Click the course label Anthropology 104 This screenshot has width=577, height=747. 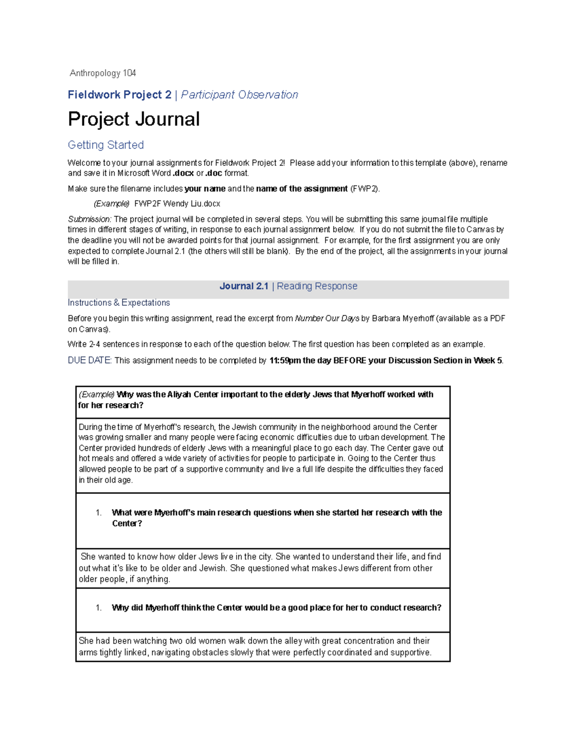pos(103,73)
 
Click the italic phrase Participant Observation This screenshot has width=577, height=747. pos(239,95)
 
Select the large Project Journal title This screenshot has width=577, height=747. pos(134,119)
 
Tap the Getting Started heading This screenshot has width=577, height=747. pos(106,145)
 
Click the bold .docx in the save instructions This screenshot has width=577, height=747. pos(183,173)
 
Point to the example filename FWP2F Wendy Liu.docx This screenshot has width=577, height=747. pos(177,203)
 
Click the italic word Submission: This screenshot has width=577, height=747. pos(90,219)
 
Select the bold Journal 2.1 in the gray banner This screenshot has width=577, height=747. pos(244,286)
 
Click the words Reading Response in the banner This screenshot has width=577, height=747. pos(317,286)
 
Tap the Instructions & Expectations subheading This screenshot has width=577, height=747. pos(119,303)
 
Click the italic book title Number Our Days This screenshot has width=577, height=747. pos(327,318)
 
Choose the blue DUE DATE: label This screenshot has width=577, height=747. pos(90,360)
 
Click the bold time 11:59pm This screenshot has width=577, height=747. pos(285,360)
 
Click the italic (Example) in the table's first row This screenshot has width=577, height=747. pos(97,394)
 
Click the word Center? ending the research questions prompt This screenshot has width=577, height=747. pos(127,523)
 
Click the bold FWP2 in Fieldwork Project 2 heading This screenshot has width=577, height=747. pos(119,95)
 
